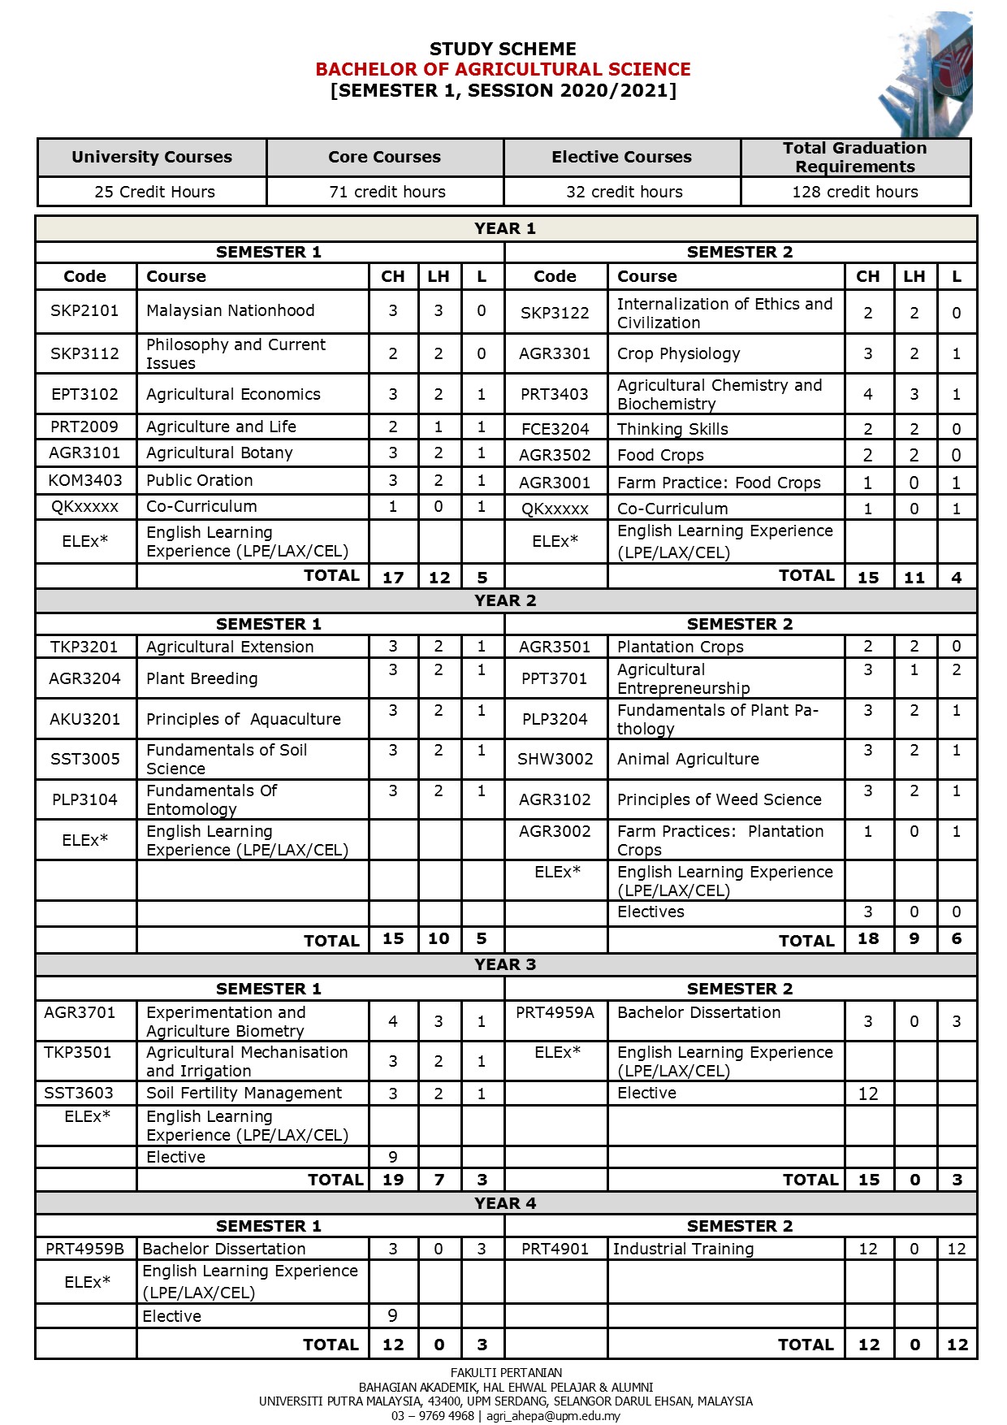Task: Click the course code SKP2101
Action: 84,310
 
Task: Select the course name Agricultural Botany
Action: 219,453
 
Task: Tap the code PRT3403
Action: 555,394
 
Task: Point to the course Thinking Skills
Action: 672,429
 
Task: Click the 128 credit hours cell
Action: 855,192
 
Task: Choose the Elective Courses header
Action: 621,157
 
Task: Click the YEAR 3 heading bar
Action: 505,964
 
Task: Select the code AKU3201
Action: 84,719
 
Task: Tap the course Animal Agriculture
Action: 688,759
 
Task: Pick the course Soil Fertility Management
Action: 244,1093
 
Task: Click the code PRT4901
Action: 555,1249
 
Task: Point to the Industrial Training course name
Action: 683,1249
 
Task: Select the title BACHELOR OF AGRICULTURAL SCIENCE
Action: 503,69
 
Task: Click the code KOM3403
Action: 84,480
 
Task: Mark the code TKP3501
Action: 77,1052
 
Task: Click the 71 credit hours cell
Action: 387,192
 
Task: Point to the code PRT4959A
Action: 555,1012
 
